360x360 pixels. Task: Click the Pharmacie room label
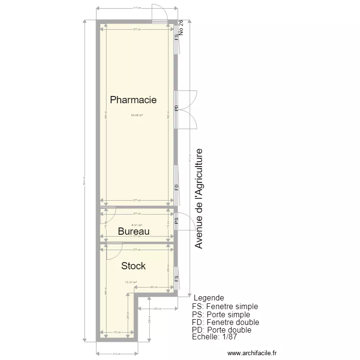click(x=133, y=100)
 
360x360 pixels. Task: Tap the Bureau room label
click(x=133, y=231)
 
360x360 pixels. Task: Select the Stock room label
click(x=133, y=266)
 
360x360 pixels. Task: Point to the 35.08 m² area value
click(x=137, y=115)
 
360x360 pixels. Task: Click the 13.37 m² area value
click(x=131, y=282)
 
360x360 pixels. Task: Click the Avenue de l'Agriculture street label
click(x=199, y=198)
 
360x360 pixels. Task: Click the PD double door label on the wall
click(x=177, y=108)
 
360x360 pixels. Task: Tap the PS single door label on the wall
click(x=177, y=220)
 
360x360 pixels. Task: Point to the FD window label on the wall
click(x=177, y=187)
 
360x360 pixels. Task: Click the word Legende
click(x=208, y=298)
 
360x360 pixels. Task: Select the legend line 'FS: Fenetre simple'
click(x=225, y=306)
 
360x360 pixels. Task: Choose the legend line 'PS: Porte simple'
click(x=221, y=314)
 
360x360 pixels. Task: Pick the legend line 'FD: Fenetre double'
click(x=225, y=322)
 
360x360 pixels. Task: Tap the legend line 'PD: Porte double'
click(x=221, y=330)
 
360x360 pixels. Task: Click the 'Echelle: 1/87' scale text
click(x=214, y=337)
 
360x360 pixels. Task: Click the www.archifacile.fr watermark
click(x=252, y=353)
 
